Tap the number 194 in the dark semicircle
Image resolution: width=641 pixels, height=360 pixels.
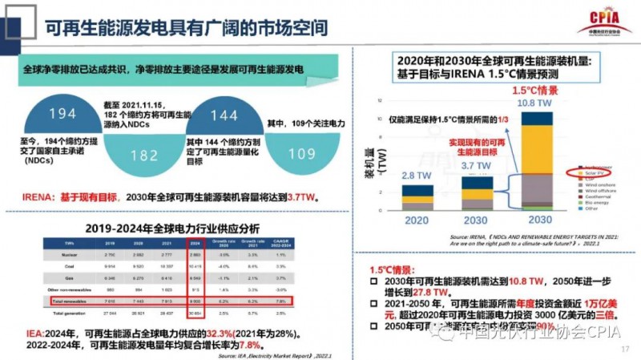click(x=62, y=114)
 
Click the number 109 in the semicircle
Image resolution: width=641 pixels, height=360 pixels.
click(x=301, y=155)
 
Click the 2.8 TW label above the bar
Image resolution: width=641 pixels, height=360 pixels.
click(x=413, y=176)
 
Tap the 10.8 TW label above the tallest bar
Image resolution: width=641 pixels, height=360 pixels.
click(x=537, y=103)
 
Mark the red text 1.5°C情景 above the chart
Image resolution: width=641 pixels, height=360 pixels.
click(x=536, y=91)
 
